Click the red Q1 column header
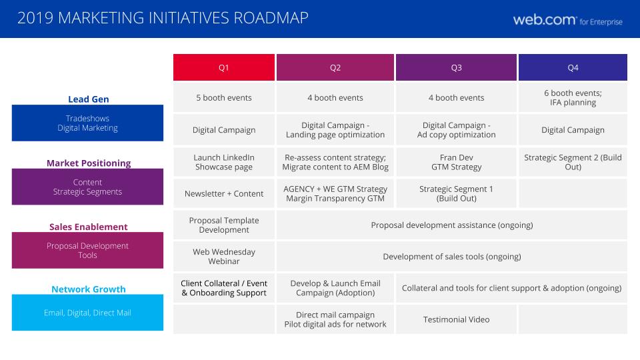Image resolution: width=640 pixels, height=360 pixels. (224, 67)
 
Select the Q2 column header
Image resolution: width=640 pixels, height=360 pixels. (335, 67)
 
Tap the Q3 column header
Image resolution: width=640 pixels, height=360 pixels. (456, 67)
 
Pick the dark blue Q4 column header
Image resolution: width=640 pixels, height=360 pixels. (573, 67)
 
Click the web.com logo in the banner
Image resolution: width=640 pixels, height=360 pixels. (568, 20)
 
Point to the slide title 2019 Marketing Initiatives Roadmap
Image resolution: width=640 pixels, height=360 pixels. (163, 18)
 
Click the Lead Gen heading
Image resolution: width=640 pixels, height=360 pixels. (88, 99)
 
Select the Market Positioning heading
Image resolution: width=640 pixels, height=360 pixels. (89, 163)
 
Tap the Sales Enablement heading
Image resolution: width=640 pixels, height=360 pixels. (88, 227)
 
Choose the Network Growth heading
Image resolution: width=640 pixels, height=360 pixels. (88, 289)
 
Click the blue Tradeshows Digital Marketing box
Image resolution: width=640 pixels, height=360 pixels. (87, 123)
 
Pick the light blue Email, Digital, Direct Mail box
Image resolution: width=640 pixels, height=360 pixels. (87, 313)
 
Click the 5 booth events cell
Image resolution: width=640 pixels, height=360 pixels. (224, 97)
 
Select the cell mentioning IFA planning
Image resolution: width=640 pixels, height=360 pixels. (573, 97)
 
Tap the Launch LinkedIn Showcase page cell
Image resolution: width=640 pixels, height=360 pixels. (224, 162)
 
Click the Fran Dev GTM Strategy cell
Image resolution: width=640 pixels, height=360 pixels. (456, 162)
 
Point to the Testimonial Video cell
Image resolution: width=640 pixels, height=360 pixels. (456, 319)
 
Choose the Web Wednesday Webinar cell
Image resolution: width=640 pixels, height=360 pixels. (224, 256)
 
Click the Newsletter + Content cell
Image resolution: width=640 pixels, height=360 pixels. (224, 193)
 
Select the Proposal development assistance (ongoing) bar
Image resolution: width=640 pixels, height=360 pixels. (452, 225)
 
